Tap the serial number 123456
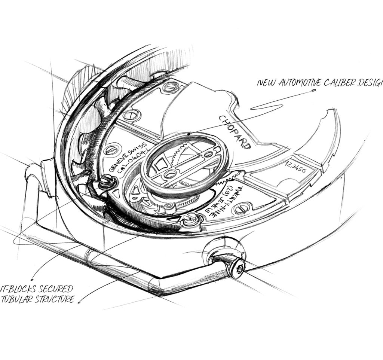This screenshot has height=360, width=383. point(295,167)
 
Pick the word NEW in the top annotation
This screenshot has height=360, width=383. point(266,83)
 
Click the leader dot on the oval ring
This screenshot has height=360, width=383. point(190,133)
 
